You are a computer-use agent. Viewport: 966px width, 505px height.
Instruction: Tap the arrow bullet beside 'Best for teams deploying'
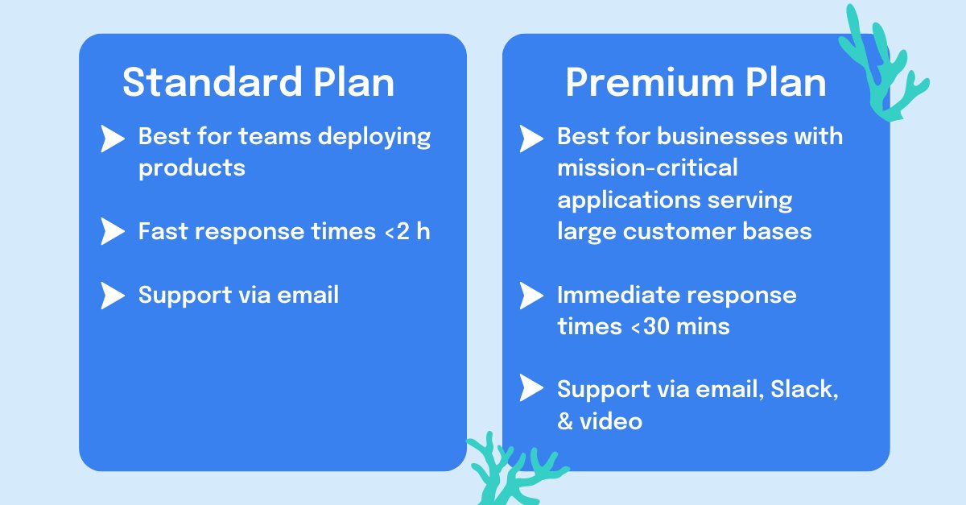point(112,139)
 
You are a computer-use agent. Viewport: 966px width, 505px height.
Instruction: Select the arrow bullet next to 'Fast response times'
point(112,233)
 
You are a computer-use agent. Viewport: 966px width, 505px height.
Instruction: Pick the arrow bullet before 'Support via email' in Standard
point(112,296)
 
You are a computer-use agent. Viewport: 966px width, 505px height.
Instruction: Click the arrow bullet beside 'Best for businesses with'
point(530,139)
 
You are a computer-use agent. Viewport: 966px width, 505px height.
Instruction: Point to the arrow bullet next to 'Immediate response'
point(530,296)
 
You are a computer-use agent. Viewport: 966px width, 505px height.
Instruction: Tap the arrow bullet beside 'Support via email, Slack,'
point(530,389)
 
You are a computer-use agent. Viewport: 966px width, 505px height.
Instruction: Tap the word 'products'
point(192,168)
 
